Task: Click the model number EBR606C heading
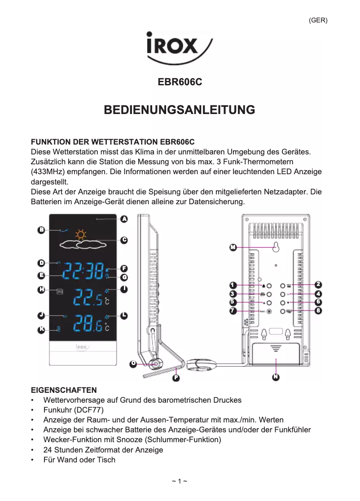tap(180, 83)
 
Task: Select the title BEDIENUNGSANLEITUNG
tap(180, 110)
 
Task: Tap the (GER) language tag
tap(318, 20)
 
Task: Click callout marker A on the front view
tap(124, 219)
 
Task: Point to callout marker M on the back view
tap(233, 247)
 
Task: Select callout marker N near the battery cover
tap(276, 377)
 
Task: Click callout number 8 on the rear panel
tap(318, 311)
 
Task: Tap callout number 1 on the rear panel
tap(233, 286)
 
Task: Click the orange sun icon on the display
tap(81, 234)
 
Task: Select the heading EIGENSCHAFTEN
tap(63, 390)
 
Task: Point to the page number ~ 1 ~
tap(180, 482)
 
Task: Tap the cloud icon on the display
tap(83, 245)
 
